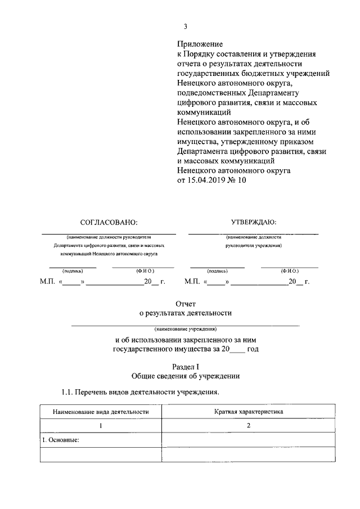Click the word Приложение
200,44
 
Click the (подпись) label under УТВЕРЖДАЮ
217,271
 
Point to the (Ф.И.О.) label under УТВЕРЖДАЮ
290,271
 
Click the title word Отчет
185,304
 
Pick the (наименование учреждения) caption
185,329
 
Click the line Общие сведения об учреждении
185,376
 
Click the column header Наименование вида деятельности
101,412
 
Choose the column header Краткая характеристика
248,412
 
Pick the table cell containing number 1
101,426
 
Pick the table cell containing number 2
248,426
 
